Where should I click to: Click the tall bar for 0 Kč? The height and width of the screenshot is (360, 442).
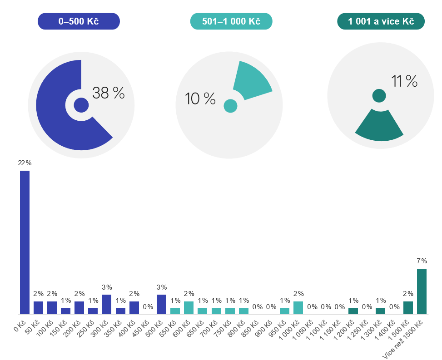click(25, 242)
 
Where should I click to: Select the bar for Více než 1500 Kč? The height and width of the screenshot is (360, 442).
click(422, 291)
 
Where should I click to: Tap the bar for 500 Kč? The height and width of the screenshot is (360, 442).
click(161, 304)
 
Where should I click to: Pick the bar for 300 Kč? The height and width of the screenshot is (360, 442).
click(107, 304)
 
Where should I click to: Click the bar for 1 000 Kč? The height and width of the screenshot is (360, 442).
click(298, 307)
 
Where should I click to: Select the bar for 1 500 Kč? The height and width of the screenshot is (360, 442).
click(408, 307)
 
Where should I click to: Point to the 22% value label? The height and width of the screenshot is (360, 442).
click(25, 163)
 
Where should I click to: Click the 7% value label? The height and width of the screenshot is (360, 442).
click(422, 261)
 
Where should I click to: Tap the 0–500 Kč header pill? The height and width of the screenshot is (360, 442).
click(79, 21)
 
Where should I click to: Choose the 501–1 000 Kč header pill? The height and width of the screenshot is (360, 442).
click(231, 21)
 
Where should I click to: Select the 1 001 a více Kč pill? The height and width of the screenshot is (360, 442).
click(381, 21)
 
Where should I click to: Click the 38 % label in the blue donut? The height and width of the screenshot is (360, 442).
click(108, 93)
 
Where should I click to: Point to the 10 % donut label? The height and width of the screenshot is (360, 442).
click(200, 99)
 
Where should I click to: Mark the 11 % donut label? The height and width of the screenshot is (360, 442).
click(404, 81)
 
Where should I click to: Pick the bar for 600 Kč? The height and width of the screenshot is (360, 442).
click(189, 307)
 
